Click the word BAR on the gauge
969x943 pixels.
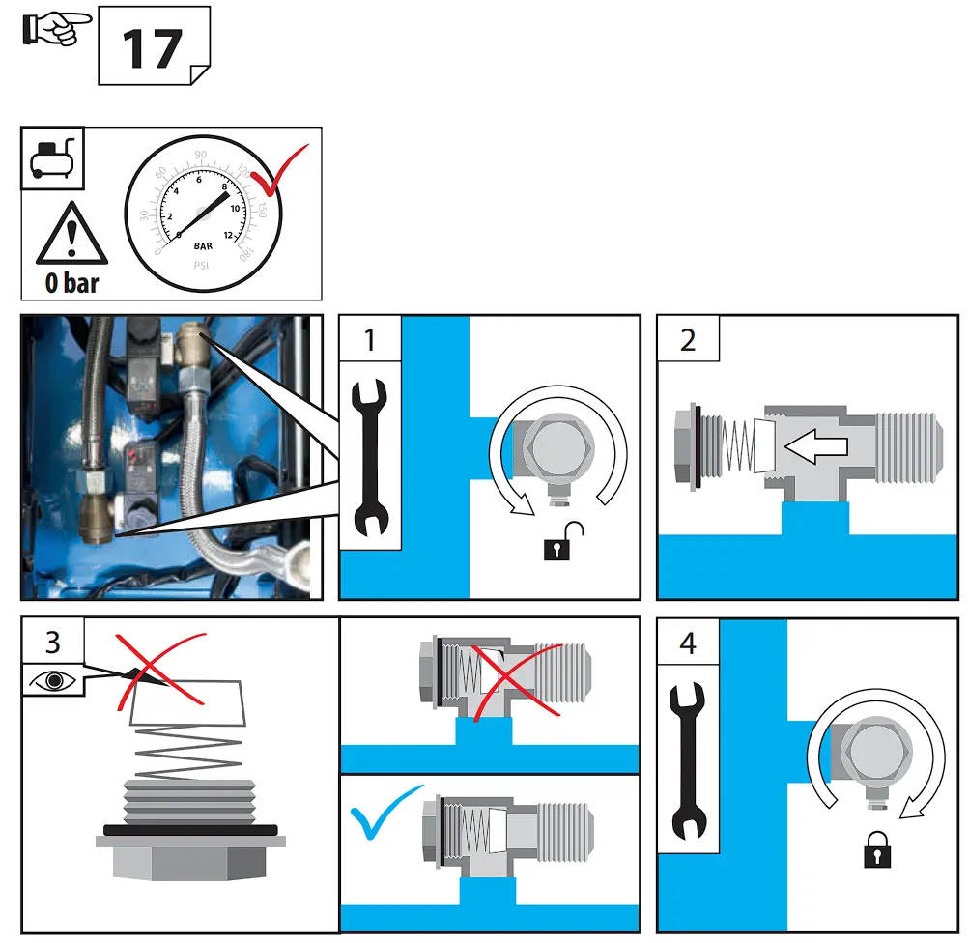tap(202, 246)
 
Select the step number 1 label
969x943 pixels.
tap(369, 341)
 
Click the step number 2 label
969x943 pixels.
tap(687, 340)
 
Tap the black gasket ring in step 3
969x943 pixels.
tap(190, 829)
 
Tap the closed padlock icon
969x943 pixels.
tap(877, 848)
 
